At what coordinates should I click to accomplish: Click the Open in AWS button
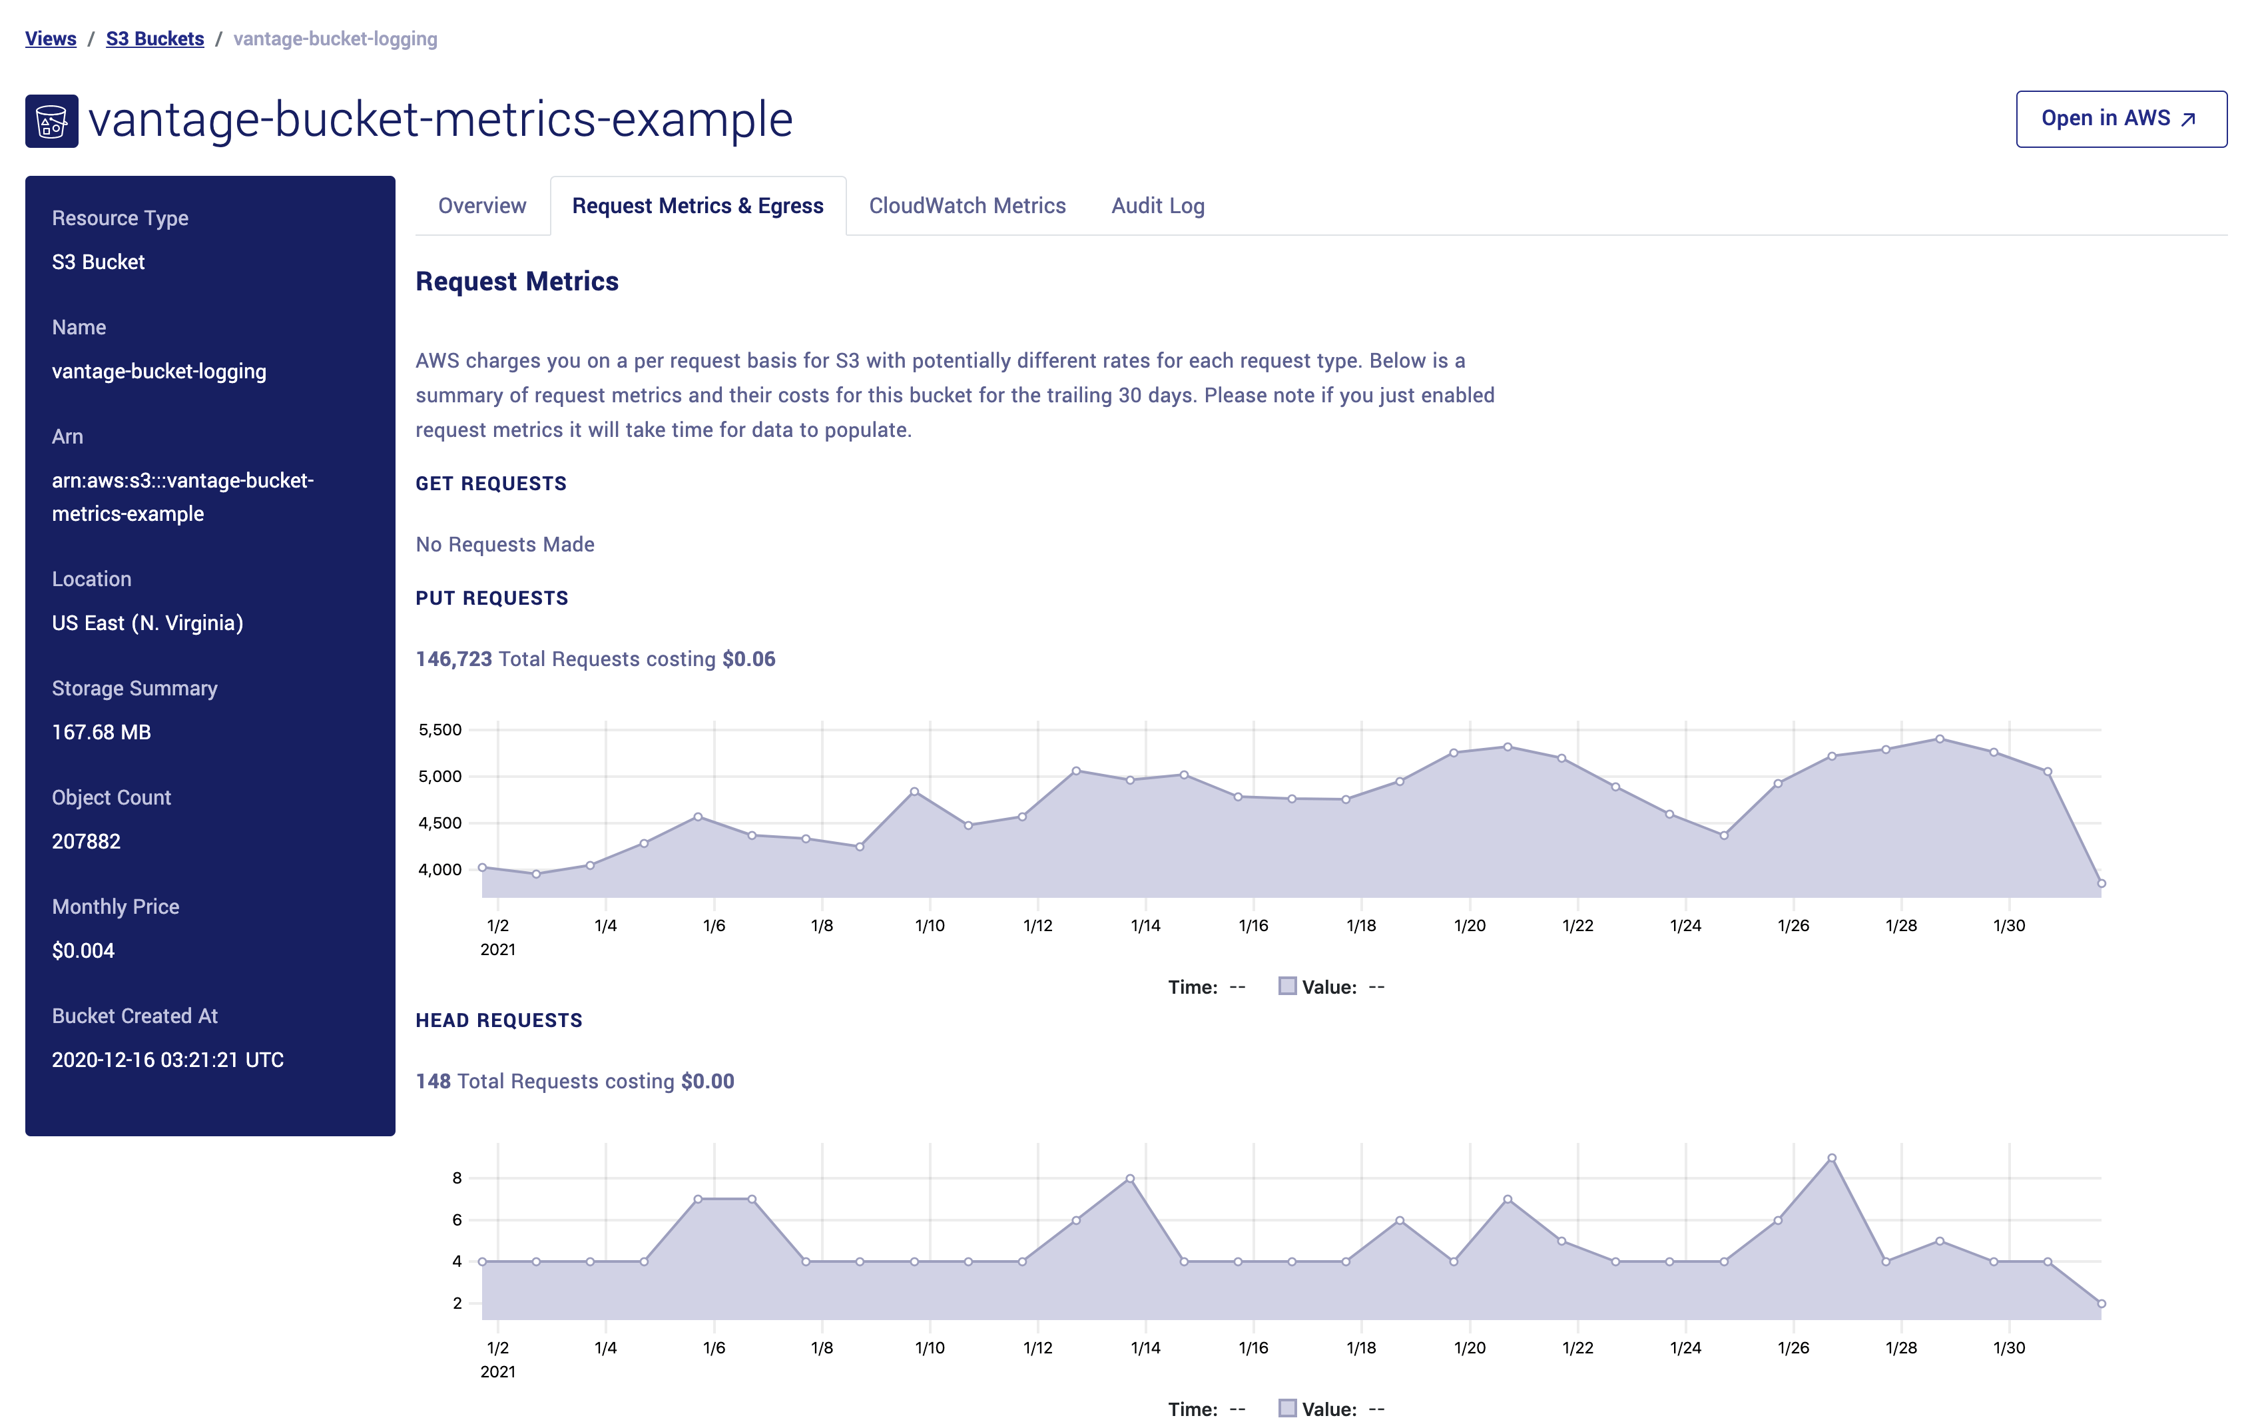(x=2120, y=119)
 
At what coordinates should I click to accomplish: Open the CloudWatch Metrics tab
(x=967, y=206)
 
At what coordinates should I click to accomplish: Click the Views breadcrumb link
(x=51, y=39)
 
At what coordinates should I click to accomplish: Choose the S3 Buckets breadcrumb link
(x=154, y=39)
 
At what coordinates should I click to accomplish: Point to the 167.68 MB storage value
(x=101, y=732)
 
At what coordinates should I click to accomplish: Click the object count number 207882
(x=86, y=842)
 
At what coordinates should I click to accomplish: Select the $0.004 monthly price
(x=83, y=951)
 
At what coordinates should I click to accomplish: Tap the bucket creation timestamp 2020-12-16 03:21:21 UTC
(x=167, y=1060)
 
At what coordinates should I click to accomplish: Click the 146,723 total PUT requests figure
(x=453, y=659)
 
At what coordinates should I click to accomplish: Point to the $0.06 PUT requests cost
(x=748, y=659)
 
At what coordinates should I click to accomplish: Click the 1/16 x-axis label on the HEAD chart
(x=1253, y=1347)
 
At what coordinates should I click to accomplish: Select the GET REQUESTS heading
(x=491, y=484)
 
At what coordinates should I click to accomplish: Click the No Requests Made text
(x=505, y=544)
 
